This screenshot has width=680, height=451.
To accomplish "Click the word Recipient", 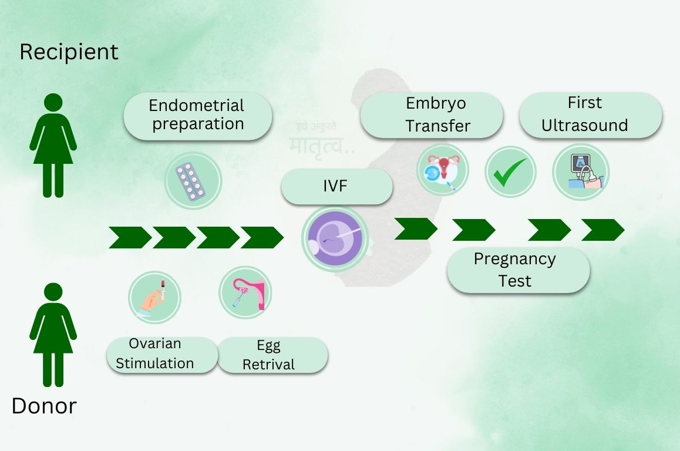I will pos(69,52).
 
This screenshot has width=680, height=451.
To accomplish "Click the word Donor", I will pos(44,406).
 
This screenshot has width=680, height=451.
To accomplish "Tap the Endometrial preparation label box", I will pos(197,115).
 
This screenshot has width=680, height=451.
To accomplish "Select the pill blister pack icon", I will pos(192,180).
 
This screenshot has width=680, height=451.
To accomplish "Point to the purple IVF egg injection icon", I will pos(335,238).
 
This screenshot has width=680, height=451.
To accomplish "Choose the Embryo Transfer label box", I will pos(432,115).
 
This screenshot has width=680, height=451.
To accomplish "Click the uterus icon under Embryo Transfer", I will pos(443,171).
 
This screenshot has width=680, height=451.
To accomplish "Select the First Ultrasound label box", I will pos(590,115).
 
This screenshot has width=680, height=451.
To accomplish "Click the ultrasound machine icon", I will pos(581,172).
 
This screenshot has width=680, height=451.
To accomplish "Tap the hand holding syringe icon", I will pos(154,297).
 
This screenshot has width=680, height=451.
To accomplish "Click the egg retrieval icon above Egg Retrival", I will pos(245,292).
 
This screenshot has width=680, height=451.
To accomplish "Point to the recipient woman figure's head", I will pos(53,103).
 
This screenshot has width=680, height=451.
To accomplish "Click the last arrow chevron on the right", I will pos(602,230).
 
